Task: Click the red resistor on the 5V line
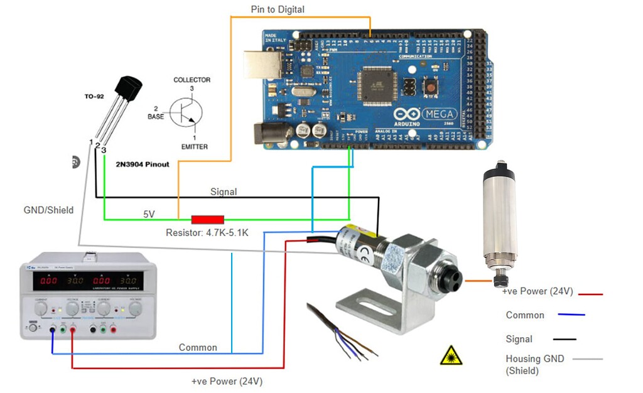pos(207,220)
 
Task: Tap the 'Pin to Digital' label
pos(277,9)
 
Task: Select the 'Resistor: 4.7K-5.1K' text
pos(207,233)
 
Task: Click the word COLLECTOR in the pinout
pos(192,80)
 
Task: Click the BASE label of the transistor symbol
pos(156,117)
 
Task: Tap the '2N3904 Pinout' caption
pos(143,164)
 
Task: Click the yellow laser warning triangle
pos(451,356)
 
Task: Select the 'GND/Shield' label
pos(48,210)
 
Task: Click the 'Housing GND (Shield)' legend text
pos(534,365)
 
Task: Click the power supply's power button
pos(33,327)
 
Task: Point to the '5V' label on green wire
pos(149,214)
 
